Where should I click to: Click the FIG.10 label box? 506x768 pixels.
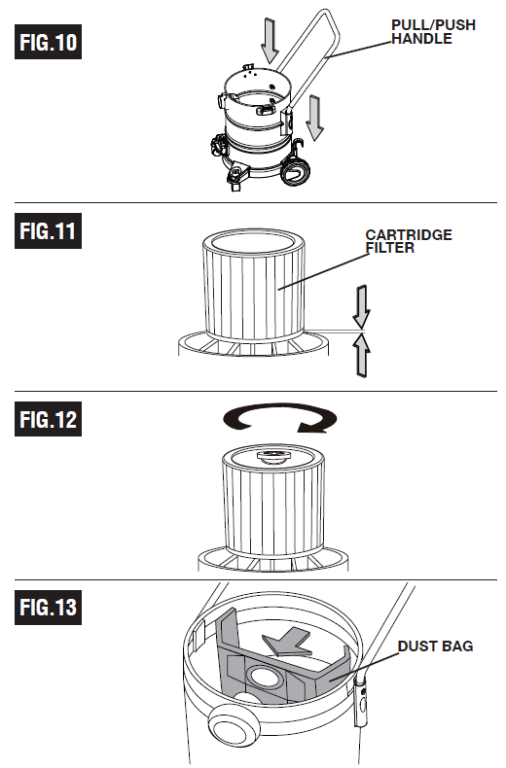(x=48, y=42)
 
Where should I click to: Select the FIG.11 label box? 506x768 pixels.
(x=48, y=230)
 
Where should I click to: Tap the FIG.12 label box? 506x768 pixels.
(x=48, y=419)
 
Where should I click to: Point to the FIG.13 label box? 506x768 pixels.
(x=48, y=608)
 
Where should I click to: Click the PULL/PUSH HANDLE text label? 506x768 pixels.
(x=433, y=32)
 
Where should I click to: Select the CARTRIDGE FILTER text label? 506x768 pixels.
(x=409, y=241)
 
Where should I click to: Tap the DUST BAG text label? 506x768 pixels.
(x=435, y=646)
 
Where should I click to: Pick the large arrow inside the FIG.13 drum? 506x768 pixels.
(x=287, y=642)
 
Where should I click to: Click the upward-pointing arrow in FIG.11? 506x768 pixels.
(x=361, y=355)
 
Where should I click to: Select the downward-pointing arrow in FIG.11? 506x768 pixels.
(x=361, y=306)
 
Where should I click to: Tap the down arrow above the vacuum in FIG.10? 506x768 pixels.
(x=270, y=41)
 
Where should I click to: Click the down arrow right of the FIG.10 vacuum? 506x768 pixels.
(x=314, y=118)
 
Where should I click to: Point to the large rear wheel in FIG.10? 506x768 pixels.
(x=295, y=170)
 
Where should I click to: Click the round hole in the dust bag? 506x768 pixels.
(x=266, y=677)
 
